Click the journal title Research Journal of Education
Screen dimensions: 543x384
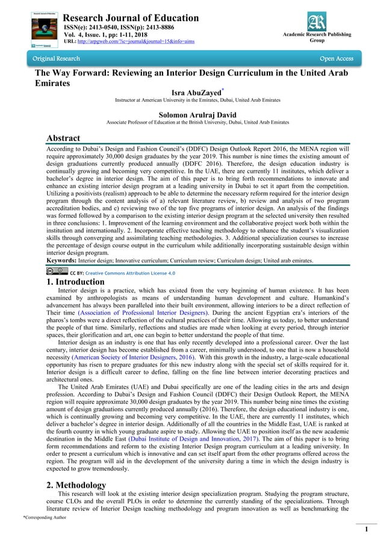[131, 18]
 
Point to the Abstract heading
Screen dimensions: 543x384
[63, 138]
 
